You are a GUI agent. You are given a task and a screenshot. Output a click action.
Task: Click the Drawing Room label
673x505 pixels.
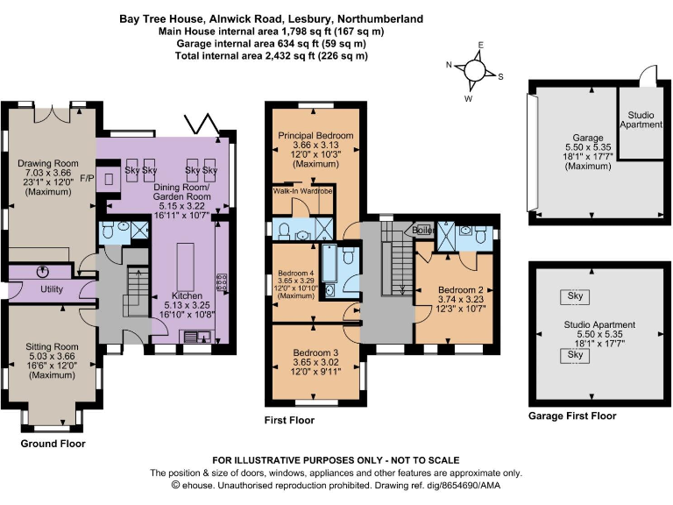pos(48,163)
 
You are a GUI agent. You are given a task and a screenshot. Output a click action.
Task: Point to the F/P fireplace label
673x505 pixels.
pos(87,178)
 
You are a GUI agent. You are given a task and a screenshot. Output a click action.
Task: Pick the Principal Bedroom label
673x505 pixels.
pos(315,136)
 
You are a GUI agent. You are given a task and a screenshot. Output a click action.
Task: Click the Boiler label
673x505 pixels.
pos(423,230)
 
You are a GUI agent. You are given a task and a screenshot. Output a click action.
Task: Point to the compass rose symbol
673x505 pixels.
pos(475,69)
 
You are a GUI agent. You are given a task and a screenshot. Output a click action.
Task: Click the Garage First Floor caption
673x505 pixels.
pos(572,416)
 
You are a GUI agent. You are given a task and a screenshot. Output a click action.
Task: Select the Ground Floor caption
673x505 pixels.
pos(53,444)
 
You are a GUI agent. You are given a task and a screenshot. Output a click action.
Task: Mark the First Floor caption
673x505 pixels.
pos(289,420)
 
